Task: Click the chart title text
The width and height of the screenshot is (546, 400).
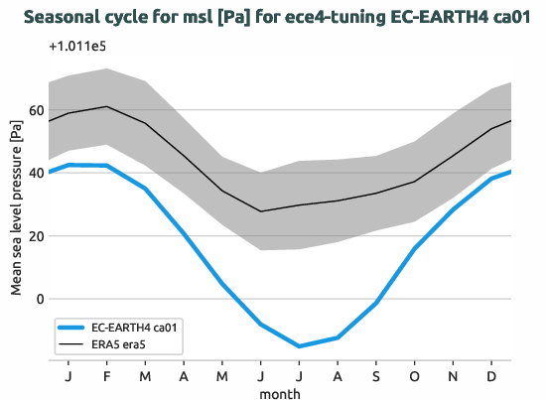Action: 273,17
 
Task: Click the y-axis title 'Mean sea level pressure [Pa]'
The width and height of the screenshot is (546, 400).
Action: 16,207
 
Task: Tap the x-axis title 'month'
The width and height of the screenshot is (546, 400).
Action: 280,393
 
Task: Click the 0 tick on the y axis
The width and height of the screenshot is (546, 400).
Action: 40,299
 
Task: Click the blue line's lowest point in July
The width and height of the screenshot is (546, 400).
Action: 299,346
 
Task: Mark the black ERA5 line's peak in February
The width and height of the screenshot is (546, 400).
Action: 106,106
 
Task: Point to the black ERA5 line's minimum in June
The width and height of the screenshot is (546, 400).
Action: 261,211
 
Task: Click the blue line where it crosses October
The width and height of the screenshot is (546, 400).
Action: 415,248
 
